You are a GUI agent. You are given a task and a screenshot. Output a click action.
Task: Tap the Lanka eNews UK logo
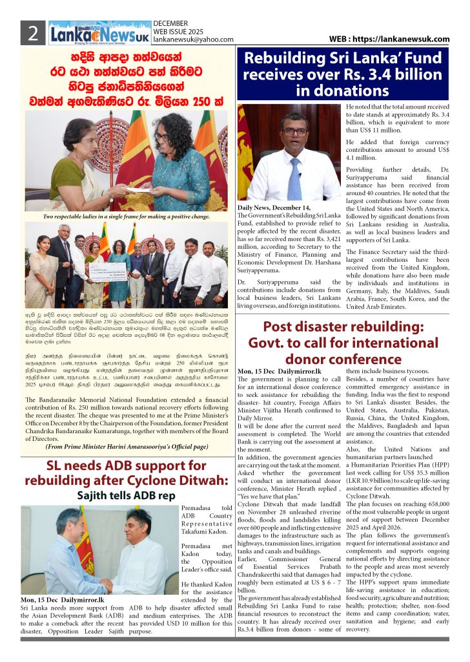click(x=99, y=32)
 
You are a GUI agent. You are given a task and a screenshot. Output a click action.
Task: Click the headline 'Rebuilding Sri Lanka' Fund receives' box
click(x=342, y=74)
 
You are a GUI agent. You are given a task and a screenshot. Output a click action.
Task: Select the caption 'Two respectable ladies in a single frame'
click(x=127, y=216)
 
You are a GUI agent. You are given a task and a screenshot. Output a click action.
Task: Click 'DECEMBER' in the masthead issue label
click(x=170, y=23)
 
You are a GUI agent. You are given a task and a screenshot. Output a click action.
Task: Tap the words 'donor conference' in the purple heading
click(x=342, y=358)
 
